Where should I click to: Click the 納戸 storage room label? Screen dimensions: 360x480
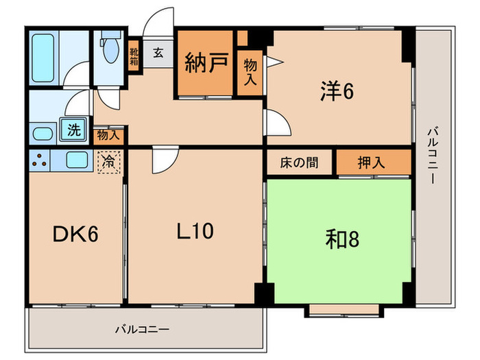click(x=206, y=66)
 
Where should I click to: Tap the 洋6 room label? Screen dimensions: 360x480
click(x=335, y=91)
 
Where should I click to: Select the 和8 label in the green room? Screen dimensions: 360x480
click(x=341, y=239)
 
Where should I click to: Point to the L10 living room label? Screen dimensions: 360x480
click(x=195, y=232)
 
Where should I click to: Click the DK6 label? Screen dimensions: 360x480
click(x=75, y=235)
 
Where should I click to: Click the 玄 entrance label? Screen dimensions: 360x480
click(x=158, y=52)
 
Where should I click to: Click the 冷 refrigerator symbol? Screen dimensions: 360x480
click(x=109, y=163)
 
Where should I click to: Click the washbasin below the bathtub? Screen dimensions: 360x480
click(x=43, y=132)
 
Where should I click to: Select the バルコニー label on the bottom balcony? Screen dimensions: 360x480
click(x=141, y=330)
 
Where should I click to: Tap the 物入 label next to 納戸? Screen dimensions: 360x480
click(x=250, y=71)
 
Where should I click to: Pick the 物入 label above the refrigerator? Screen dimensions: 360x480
click(x=108, y=134)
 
